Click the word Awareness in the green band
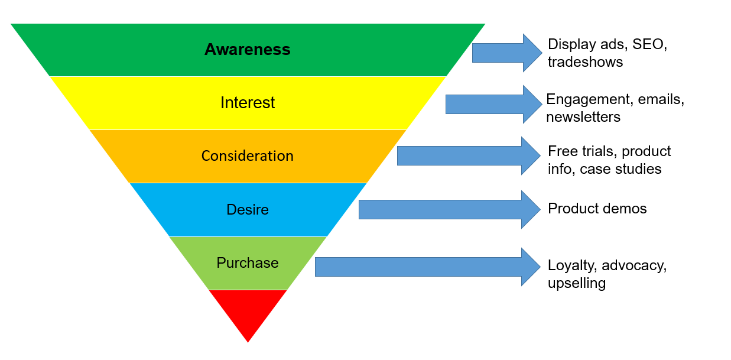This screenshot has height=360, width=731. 247,50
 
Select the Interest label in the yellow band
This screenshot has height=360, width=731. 248,103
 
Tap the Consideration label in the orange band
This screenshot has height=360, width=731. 247,156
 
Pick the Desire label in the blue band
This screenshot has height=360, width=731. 248,210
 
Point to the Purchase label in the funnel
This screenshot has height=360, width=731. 248,263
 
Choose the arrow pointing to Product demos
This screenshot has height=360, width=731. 449,209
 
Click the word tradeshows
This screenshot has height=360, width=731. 585,62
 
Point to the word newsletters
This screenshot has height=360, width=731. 583,117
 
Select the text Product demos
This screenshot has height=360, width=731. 597,209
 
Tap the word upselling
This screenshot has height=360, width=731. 576,283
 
